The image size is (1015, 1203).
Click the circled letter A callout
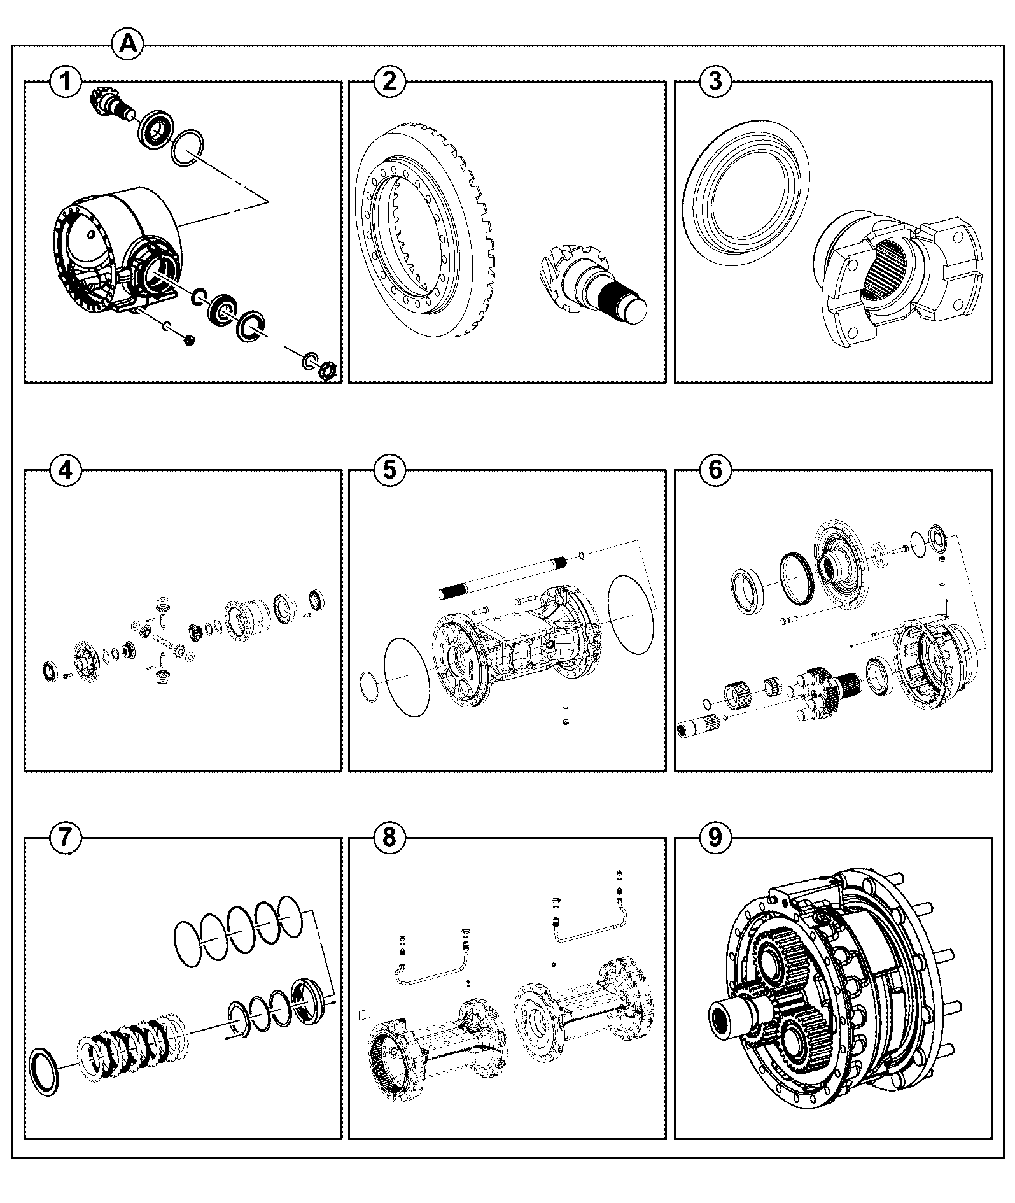tap(128, 45)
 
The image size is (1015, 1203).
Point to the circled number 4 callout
tap(66, 470)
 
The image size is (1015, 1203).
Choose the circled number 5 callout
tap(390, 470)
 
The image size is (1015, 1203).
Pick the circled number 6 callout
tap(715, 470)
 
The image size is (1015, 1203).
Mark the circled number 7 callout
tap(66, 838)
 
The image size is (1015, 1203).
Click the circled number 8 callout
tap(390, 838)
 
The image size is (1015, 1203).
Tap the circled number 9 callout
tap(715, 838)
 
